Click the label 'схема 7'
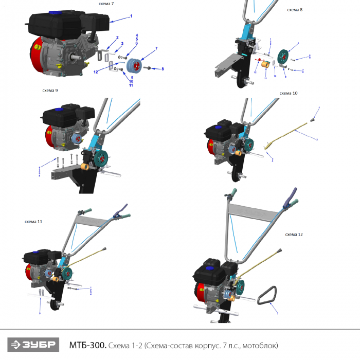coord(106,4)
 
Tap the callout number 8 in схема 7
coord(162,68)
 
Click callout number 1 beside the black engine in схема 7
coord(131,16)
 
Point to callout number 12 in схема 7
coord(96,73)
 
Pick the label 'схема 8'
coord(294,9)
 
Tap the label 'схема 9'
coord(50,91)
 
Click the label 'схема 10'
coord(289,93)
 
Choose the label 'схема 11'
coord(33,222)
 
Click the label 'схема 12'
coord(294,234)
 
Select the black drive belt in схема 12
coord(268,297)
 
